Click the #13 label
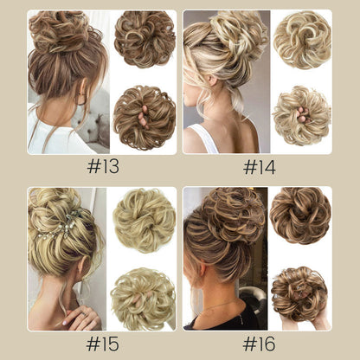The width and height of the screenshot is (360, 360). tap(103, 167)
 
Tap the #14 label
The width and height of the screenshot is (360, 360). tap(260, 167)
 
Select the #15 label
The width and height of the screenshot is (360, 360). tap(102, 344)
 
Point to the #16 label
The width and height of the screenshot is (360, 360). tap(260, 344)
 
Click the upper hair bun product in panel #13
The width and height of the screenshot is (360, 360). tap(145, 40)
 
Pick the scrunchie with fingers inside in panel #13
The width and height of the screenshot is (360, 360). tap(145, 118)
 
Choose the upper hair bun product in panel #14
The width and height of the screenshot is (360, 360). tap(302, 40)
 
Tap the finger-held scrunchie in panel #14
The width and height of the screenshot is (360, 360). tap(302, 116)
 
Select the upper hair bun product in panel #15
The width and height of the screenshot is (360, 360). tap(145, 221)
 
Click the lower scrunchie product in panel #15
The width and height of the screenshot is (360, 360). tap(143, 299)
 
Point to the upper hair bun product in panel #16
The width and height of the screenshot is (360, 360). tap(300, 215)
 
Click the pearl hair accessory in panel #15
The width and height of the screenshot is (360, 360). tap(58, 226)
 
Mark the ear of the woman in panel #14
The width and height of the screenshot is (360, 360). tap(213, 80)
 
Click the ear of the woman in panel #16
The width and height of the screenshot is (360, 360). tap(202, 270)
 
